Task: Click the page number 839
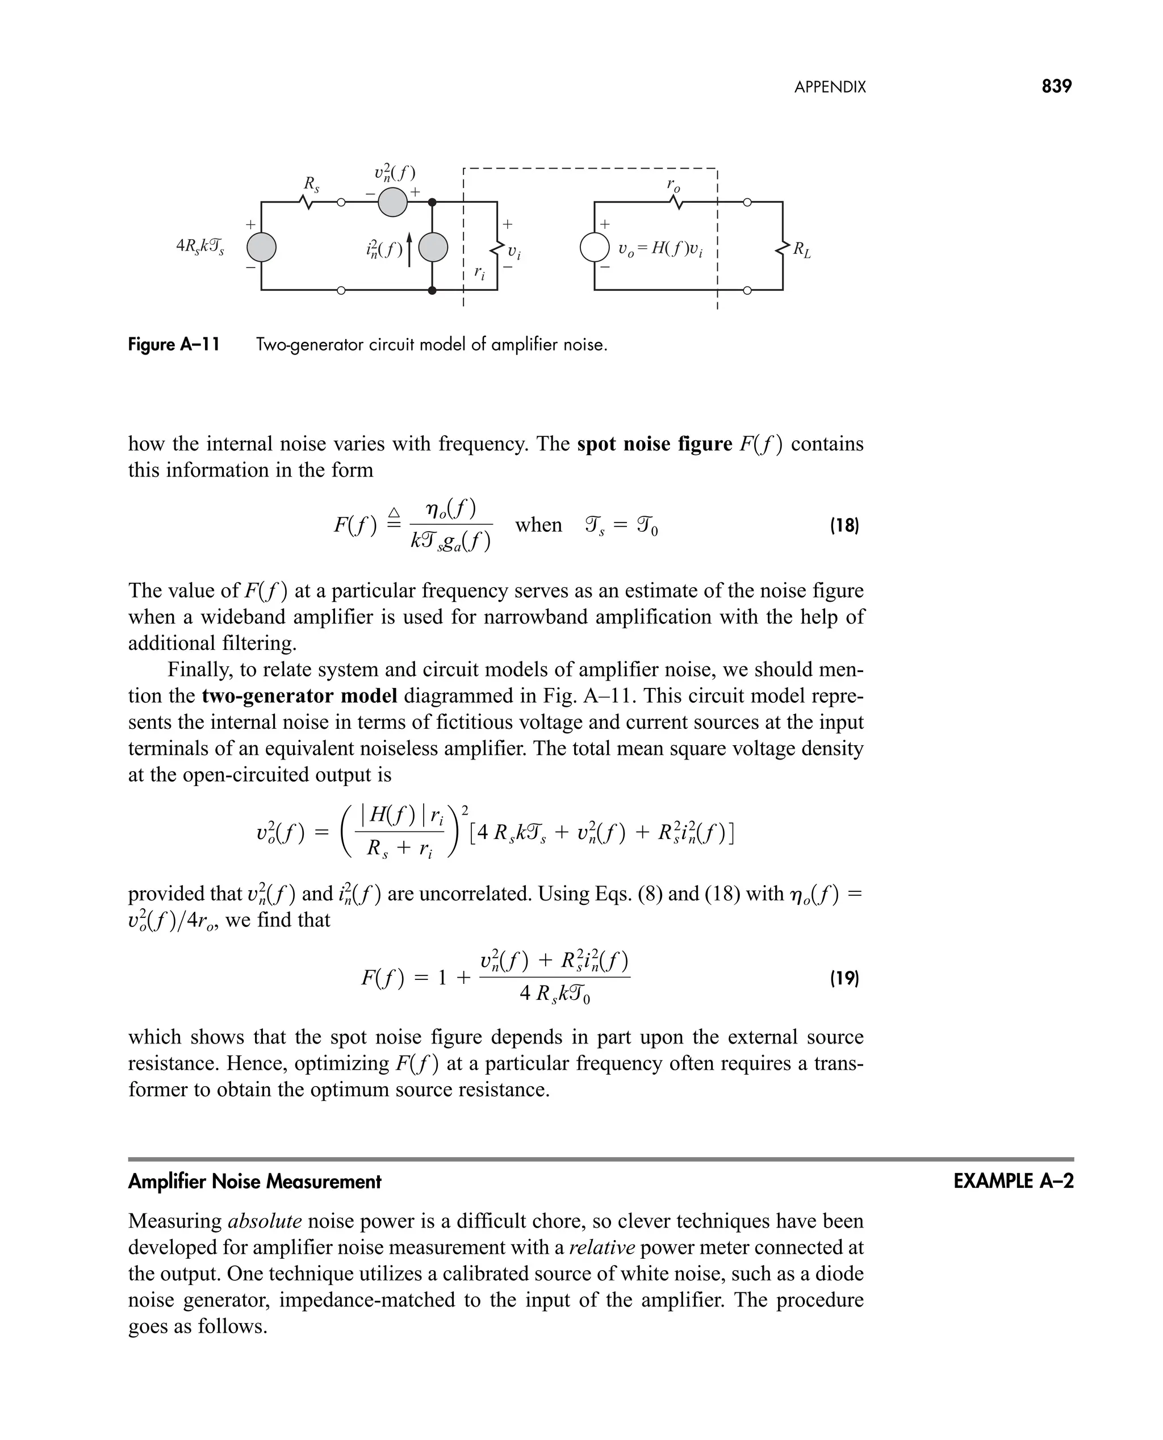point(1056,86)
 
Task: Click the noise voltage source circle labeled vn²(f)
point(392,202)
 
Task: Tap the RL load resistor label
point(802,251)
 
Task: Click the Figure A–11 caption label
point(174,345)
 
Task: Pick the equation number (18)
point(843,525)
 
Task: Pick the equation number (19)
point(843,978)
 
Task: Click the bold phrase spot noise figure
point(655,444)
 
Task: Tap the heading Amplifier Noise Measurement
point(254,1182)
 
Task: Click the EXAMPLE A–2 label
point(1013,1182)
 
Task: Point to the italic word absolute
point(265,1221)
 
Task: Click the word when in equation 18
point(538,525)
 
